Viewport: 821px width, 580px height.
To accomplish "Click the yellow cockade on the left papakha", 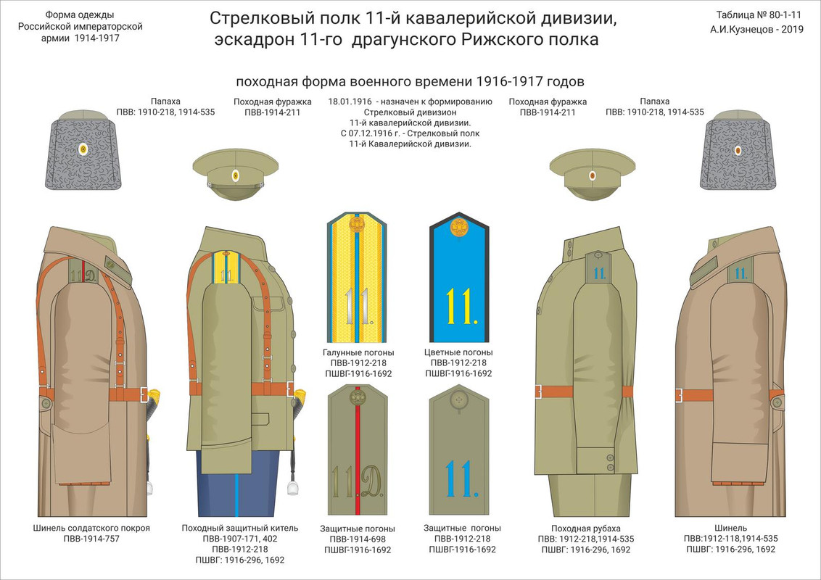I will coord(83,150).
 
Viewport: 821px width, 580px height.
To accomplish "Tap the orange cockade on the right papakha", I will coord(738,151).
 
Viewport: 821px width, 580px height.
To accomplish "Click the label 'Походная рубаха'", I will coord(575,528).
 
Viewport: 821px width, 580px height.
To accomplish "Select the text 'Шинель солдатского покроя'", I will coord(91,528).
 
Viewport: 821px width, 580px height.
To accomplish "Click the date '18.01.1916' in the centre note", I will coord(351,102).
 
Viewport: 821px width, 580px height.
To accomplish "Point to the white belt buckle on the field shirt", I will coord(537,392).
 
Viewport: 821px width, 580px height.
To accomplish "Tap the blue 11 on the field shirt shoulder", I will coord(599,273).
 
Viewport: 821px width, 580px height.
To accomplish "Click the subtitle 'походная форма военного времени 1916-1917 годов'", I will coord(410,80).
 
